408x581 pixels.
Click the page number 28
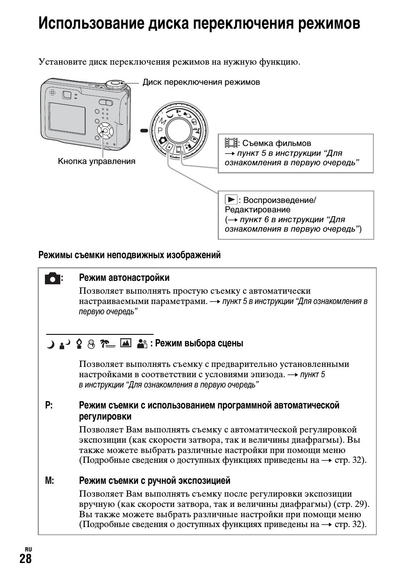point(26,559)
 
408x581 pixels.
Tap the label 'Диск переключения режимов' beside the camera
point(201,82)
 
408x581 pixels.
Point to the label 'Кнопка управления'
point(97,161)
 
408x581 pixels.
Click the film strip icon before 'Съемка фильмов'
point(231,143)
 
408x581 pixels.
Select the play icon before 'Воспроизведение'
point(231,200)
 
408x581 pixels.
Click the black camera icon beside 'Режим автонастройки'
point(52,278)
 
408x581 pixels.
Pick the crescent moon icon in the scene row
point(50,344)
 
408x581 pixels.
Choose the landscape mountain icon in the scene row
point(125,343)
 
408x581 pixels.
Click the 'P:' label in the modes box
point(49,405)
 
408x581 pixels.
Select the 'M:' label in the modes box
point(50,481)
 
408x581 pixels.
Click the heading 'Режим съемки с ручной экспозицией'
point(154,481)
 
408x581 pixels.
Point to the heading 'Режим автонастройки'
point(124,278)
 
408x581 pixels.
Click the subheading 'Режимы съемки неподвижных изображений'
point(130,255)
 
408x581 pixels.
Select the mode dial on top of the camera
point(115,84)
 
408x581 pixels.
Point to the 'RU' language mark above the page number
point(28,549)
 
